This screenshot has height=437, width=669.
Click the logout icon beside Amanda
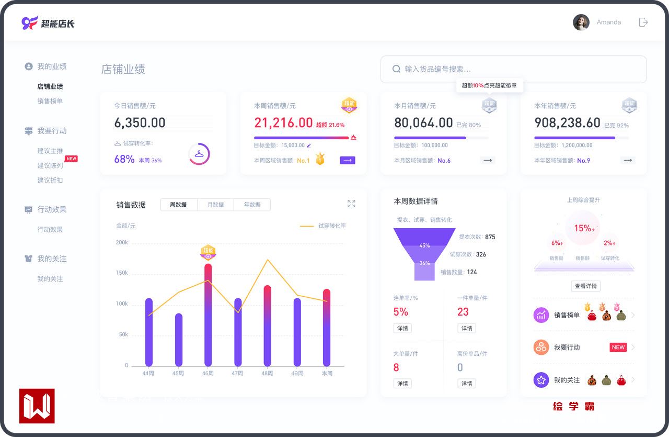click(x=643, y=22)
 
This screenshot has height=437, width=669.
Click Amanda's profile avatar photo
click(x=581, y=22)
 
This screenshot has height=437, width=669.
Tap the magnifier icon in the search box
click(x=396, y=69)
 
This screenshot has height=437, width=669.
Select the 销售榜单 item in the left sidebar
click(x=50, y=101)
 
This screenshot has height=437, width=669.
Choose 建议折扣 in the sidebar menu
click(x=50, y=180)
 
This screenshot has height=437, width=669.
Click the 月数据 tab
click(x=215, y=205)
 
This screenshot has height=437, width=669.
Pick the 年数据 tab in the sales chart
click(x=252, y=205)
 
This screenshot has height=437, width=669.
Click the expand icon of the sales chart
click(x=351, y=204)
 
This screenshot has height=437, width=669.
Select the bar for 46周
click(x=208, y=314)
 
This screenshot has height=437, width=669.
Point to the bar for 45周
click(x=178, y=339)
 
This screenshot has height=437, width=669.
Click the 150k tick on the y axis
click(x=122, y=273)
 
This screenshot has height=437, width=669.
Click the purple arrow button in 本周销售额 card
click(x=348, y=160)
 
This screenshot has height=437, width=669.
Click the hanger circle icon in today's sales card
click(x=199, y=154)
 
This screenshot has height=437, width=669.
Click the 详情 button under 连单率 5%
click(x=402, y=328)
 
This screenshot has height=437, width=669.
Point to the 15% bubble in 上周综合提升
click(x=583, y=228)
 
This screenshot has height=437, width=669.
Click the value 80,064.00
click(x=423, y=123)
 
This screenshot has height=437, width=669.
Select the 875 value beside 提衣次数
click(x=490, y=237)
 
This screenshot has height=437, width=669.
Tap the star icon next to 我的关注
click(x=541, y=380)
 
